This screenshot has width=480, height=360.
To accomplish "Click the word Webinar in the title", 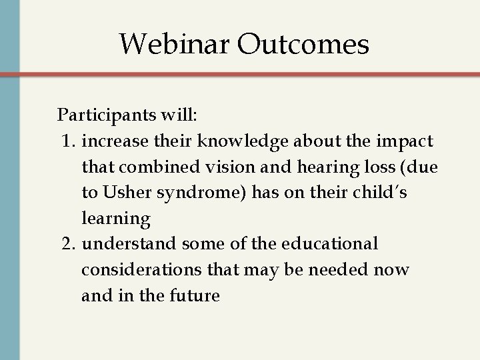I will (x=168, y=45).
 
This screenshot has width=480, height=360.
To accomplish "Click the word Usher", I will (x=122, y=193).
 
